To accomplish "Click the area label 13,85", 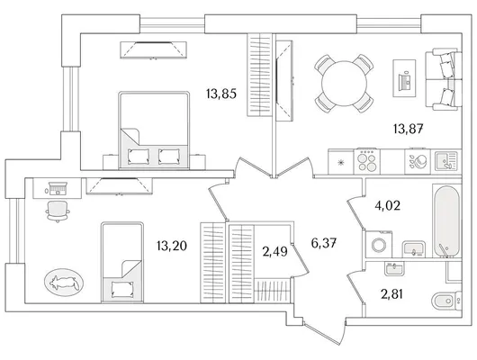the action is (x=221, y=94).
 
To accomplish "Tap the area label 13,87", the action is (x=409, y=130).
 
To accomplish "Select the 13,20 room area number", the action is (x=172, y=246).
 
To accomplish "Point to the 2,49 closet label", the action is (x=274, y=252).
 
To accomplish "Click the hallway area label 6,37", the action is (x=324, y=243).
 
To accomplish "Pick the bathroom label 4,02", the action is (x=387, y=206).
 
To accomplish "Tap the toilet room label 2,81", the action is (x=392, y=294).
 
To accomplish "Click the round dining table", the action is (x=344, y=84).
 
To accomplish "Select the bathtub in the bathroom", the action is (x=446, y=221).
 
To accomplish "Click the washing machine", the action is (x=379, y=245).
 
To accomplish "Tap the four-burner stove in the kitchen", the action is (x=367, y=161).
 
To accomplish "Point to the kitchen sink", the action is (x=446, y=161).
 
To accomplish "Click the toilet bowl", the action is (x=446, y=301).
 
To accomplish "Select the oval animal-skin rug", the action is (x=64, y=283).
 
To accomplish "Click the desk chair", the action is (x=58, y=211).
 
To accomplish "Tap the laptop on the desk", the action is (x=57, y=188).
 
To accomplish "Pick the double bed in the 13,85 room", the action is (x=154, y=130).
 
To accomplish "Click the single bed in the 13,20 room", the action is (x=122, y=262).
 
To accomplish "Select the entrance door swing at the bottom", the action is (x=324, y=334).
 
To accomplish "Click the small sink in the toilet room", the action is (x=394, y=269).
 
